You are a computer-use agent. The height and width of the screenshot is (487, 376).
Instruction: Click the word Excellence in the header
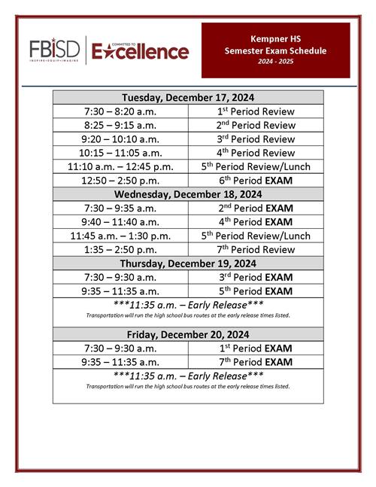141,51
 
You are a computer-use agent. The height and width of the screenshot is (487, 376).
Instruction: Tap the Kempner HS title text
276,38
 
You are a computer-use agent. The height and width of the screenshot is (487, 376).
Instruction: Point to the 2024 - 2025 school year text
276,62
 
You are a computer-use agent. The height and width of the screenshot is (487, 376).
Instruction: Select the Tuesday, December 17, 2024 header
188,97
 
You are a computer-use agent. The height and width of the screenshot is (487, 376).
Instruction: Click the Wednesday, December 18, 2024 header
188,193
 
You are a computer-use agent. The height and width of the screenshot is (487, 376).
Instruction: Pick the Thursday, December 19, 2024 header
188,263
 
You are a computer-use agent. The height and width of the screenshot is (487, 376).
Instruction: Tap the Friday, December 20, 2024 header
188,334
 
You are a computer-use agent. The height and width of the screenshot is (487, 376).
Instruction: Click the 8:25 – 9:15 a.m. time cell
120,125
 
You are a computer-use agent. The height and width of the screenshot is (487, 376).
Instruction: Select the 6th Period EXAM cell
256,181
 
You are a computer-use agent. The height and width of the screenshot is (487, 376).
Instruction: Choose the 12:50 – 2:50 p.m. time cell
120,181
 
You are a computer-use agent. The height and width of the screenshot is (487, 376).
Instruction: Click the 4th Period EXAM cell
256,222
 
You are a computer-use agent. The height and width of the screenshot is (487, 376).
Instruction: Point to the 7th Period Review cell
256,249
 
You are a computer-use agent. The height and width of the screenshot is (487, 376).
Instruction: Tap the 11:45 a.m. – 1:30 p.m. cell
120,236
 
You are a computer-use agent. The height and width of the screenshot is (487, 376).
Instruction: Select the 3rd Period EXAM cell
256,277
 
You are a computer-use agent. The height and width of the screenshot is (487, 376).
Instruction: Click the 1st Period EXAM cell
256,348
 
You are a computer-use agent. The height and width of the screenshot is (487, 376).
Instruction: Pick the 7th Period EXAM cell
256,361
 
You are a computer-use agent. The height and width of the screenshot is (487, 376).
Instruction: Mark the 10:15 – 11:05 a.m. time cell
120,153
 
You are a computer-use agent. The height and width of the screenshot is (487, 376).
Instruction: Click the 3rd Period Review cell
256,139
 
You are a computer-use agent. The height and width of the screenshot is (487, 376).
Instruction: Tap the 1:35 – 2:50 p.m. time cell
120,249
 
